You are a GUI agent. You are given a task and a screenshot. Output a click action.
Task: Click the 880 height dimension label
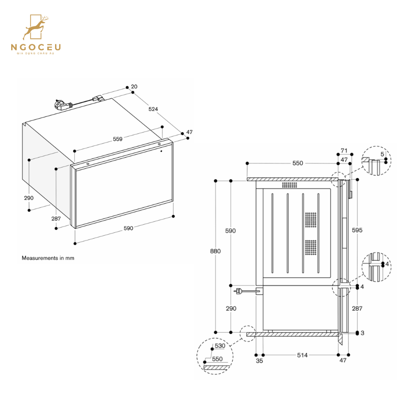coord(215,251)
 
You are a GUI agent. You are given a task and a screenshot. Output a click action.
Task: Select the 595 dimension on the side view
coord(357,230)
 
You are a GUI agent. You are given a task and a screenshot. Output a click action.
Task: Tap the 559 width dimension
coord(117,139)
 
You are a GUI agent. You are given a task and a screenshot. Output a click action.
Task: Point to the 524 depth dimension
coord(153,109)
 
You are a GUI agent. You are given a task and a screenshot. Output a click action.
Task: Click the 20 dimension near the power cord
coord(134,87)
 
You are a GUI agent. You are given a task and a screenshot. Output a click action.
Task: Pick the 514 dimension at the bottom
coord(302,355)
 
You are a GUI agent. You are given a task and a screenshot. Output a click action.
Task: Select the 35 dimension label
coord(259,360)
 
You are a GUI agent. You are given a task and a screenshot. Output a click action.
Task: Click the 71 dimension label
coord(344,150)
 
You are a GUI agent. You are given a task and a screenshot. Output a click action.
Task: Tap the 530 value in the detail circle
coord(219,346)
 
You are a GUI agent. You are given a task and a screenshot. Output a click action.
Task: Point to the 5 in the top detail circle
coord(382,154)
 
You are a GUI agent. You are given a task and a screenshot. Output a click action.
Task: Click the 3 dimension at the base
coord(362,333)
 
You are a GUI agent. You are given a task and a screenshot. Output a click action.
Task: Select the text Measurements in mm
coord(48,258)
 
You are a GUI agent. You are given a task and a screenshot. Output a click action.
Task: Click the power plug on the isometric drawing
coord(60,105)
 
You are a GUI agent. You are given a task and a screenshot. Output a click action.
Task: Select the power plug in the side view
coord(239,292)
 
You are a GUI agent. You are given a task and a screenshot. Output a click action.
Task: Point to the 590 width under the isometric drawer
coord(128,228)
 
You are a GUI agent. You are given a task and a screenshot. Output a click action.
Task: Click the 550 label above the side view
coord(298,163)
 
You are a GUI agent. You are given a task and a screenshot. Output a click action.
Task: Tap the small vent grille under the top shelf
coord(289,185)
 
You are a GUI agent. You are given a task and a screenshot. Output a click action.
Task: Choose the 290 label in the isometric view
coord(29,198)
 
